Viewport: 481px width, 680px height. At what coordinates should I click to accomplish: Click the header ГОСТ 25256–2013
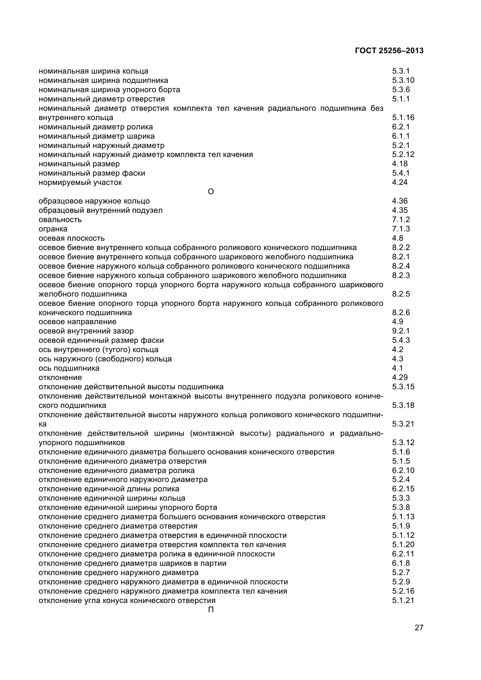[389, 51]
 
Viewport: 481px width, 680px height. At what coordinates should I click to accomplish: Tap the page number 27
[419, 628]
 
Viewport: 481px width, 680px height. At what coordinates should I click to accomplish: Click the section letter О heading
[211, 192]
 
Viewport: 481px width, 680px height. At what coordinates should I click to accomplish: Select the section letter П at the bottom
[211, 610]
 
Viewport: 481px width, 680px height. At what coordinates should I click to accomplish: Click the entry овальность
[60, 220]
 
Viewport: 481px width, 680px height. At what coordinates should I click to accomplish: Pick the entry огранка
[53, 229]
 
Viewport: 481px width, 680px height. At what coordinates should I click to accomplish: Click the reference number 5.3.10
[403, 81]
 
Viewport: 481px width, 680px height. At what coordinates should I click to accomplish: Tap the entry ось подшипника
[69, 368]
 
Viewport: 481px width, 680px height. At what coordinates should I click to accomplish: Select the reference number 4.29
[400, 377]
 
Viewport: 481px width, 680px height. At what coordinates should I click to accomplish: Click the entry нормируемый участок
[80, 183]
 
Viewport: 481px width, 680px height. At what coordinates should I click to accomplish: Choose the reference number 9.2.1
[401, 331]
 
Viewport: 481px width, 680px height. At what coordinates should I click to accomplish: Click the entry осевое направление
[78, 322]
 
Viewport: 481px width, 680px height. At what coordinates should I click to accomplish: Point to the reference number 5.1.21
[403, 600]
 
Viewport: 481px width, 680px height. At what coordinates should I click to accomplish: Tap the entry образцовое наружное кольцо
[94, 201]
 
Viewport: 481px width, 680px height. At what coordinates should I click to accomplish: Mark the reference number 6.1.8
[401, 563]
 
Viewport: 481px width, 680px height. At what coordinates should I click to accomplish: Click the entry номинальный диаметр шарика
[97, 136]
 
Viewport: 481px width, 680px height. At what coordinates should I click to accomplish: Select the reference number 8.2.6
[401, 313]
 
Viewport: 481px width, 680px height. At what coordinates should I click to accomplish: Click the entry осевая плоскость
[72, 238]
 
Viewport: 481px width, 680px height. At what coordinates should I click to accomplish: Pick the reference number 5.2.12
[403, 155]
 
